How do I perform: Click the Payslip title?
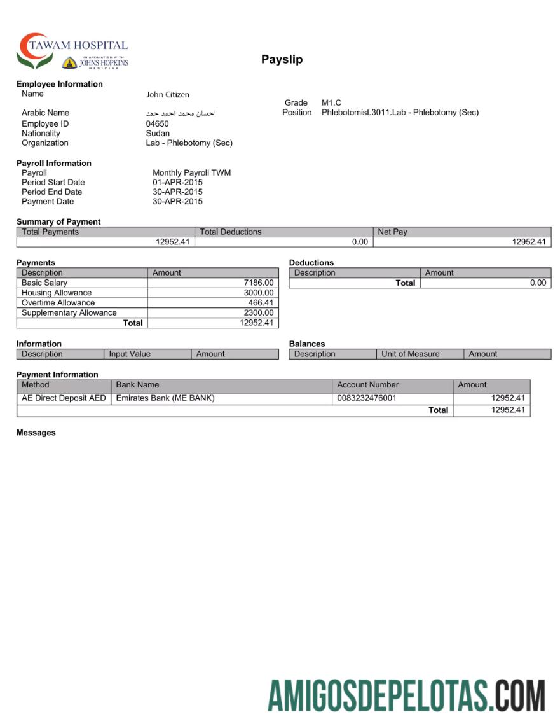282,59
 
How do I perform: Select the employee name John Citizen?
168,94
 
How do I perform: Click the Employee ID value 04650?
157,123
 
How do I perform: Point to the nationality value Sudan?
158,133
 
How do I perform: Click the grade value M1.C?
331,102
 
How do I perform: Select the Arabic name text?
181,113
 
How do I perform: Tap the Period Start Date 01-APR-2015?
177,182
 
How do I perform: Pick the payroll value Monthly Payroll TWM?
191,172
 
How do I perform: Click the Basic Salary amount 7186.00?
259,283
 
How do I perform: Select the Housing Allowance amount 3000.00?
259,293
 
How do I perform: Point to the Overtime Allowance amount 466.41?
261,303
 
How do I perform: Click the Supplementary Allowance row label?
69,312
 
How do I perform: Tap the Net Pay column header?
392,232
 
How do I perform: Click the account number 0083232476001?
366,398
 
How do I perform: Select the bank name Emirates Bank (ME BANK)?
165,398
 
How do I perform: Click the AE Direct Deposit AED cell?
64,398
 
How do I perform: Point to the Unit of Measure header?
410,354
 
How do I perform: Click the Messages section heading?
36,433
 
